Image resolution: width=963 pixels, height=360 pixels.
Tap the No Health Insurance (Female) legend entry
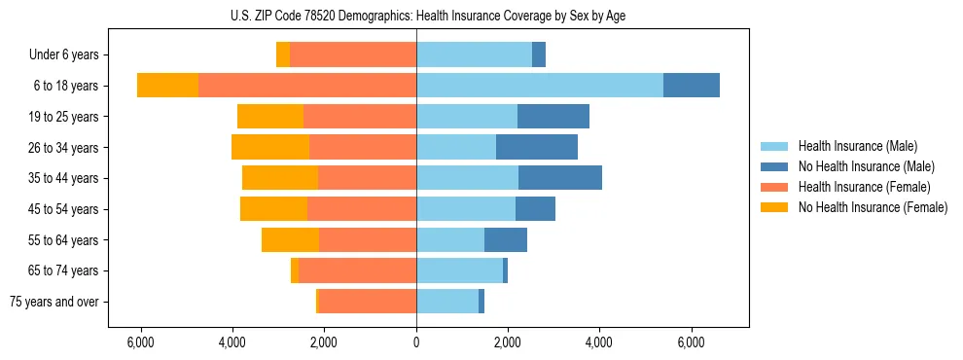(872, 207)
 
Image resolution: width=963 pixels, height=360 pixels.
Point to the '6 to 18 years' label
(65, 86)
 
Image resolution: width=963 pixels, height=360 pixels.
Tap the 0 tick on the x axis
(416, 342)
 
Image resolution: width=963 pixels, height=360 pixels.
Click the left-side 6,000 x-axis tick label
(141, 342)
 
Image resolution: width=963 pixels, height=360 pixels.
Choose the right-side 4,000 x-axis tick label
(599, 342)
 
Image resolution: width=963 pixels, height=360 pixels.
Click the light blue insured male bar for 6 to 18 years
(540, 86)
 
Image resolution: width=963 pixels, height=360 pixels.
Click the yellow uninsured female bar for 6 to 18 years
(167, 86)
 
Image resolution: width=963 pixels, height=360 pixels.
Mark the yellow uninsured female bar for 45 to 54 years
(273, 208)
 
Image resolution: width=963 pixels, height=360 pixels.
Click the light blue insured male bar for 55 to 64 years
(450, 239)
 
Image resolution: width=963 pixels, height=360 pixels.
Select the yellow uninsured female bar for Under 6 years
(283, 55)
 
